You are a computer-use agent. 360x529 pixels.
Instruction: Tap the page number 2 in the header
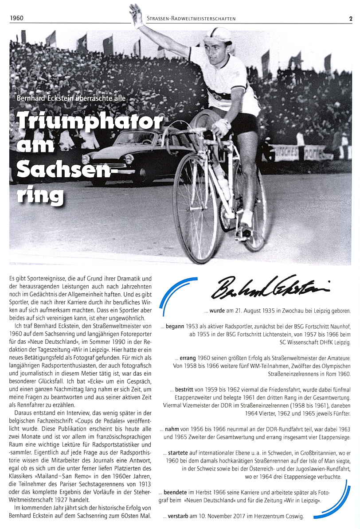click(350, 19)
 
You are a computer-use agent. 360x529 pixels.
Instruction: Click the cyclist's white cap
click(219, 35)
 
